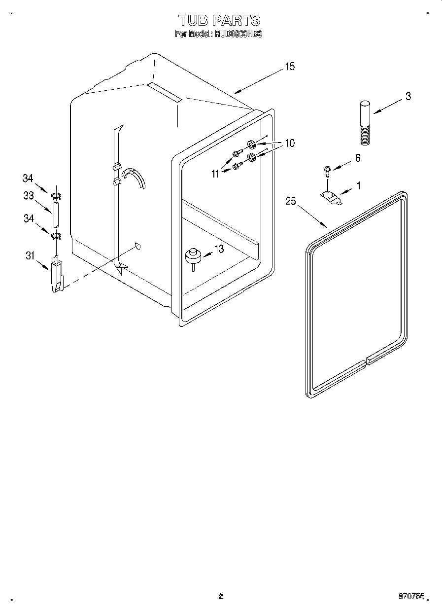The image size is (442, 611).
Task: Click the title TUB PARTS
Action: (x=218, y=20)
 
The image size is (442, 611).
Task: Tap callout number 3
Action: (x=408, y=97)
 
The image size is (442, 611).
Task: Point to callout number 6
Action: (x=357, y=158)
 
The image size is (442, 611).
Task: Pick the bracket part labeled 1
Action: (x=331, y=197)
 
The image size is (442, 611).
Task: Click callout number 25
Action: (x=291, y=201)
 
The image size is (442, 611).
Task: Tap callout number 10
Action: (x=289, y=144)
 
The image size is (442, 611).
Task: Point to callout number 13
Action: (x=218, y=250)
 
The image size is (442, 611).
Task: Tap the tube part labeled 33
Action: (x=56, y=216)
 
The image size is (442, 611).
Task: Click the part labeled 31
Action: (x=57, y=277)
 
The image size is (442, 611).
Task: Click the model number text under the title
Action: (x=218, y=35)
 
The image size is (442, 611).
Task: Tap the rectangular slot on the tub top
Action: (x=164, y=92)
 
